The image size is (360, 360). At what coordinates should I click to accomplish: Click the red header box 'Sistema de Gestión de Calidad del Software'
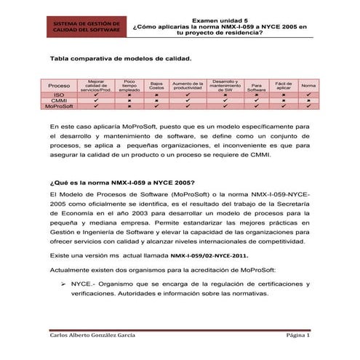pos(82,27)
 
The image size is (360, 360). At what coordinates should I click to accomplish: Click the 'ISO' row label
pos(59,95)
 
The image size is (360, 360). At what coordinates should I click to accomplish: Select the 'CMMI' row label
pos(59,101)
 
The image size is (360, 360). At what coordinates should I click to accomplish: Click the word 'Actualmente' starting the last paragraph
pos(69,269)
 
